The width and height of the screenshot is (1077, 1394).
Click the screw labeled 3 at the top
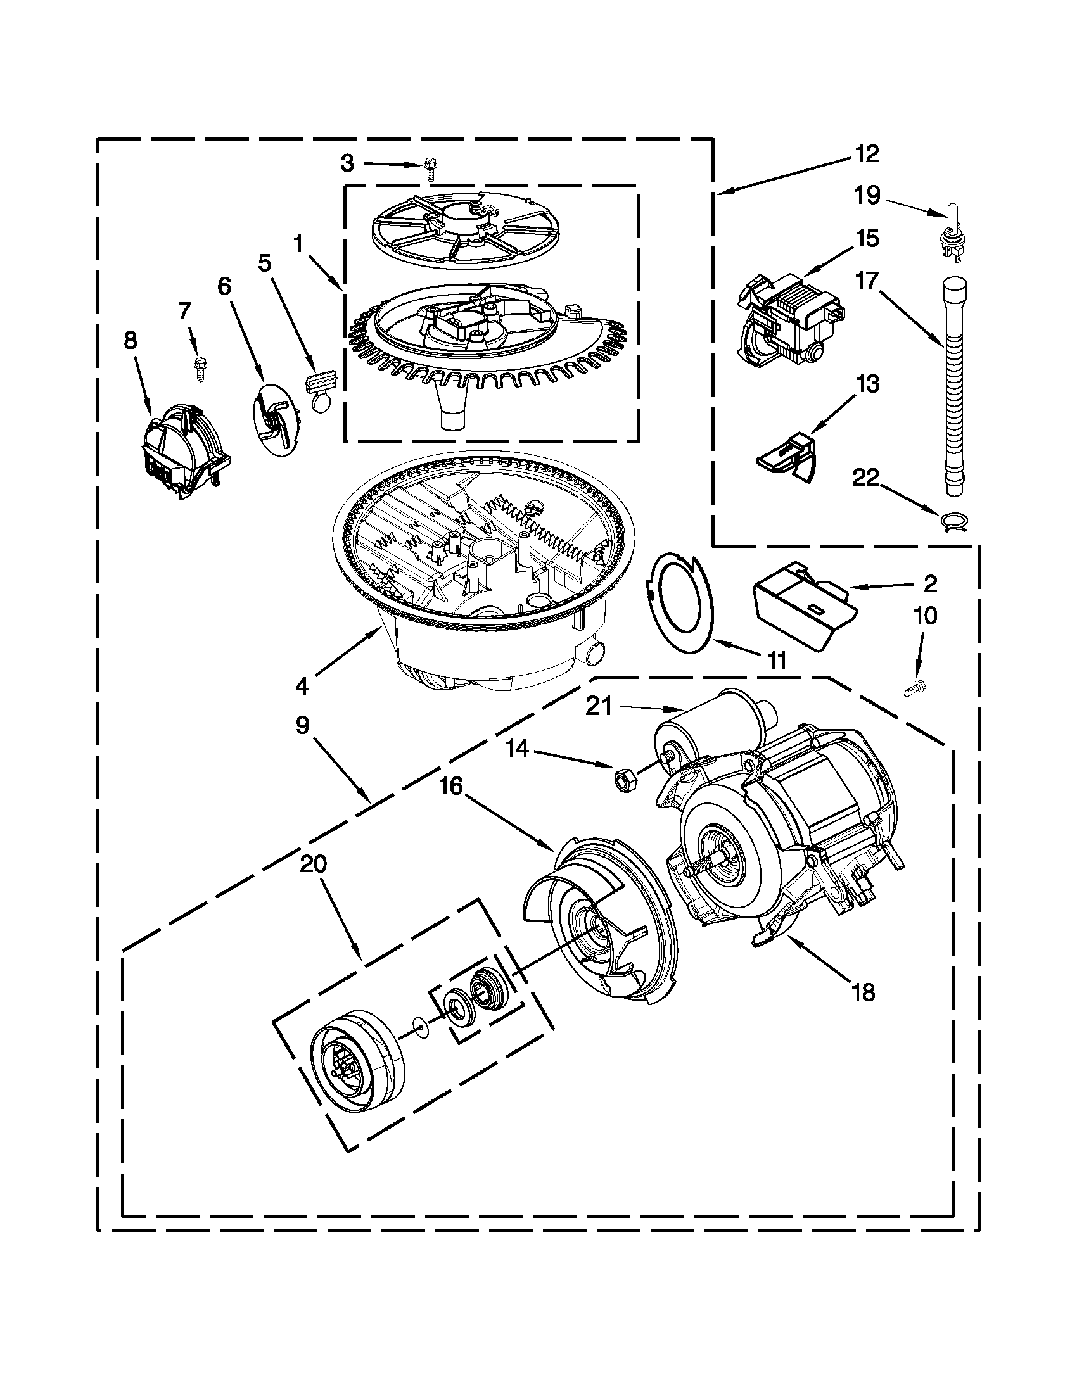[429, 170]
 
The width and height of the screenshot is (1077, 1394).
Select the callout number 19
[867, 195]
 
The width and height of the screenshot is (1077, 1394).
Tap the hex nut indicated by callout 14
[621, 780]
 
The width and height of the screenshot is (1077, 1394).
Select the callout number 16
[450, 787]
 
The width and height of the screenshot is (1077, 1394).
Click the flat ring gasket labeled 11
[681, 601]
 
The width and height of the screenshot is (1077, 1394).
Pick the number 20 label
[313, 865]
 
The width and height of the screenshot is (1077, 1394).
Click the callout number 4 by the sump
[302, 686]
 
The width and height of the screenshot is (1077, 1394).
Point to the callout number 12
[867, 154]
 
